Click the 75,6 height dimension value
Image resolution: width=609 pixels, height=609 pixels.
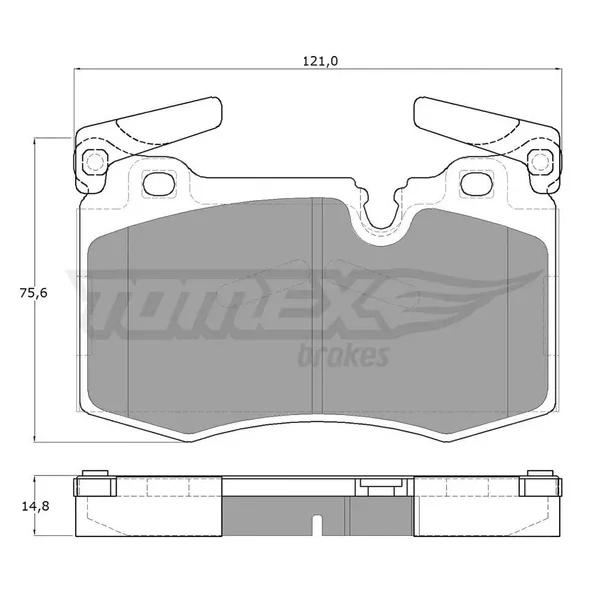33,293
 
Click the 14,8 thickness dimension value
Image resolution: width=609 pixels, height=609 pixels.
35,506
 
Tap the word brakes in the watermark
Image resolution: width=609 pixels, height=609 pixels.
343,356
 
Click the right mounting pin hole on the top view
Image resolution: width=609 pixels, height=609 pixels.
539,161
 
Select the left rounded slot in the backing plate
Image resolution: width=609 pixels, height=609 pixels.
159,184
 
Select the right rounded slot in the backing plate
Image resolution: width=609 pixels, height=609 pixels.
476,184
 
